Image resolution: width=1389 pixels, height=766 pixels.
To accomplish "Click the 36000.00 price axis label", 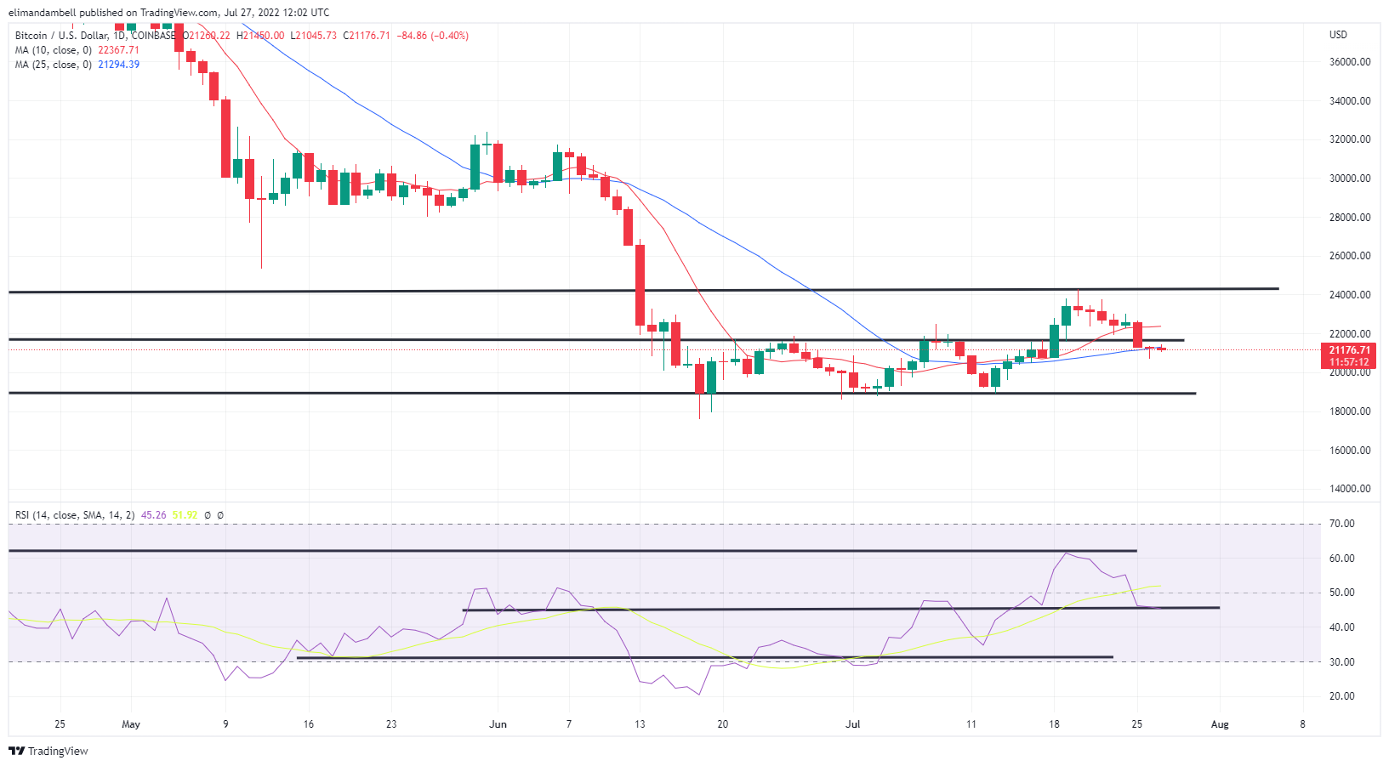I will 1350,62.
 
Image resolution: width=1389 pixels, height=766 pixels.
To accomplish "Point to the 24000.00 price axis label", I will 1350,295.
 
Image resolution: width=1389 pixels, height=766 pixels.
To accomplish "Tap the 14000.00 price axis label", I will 1350,489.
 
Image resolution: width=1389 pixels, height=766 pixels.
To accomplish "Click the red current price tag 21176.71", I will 1350,350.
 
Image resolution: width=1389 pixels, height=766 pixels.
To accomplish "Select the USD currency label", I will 1338,35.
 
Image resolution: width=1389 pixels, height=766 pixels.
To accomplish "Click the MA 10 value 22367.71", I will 118,50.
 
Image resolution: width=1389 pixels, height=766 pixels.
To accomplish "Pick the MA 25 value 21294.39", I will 118,65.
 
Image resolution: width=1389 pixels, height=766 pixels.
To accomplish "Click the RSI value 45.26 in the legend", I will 153,515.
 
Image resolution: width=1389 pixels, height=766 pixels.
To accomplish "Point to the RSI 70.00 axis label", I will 1341,524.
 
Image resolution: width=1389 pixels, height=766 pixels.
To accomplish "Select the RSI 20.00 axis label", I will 1341,696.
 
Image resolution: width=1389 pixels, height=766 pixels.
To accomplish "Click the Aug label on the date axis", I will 1220,724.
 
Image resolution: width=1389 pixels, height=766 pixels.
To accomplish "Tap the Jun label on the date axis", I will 498,724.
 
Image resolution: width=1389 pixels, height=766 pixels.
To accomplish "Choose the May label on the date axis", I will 131,724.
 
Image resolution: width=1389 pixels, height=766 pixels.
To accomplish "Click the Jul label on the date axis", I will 853,724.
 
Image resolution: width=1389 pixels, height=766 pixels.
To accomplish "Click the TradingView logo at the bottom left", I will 48,752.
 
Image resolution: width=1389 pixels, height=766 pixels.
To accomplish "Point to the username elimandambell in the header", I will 43,13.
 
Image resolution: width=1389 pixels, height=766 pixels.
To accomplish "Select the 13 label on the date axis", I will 640,724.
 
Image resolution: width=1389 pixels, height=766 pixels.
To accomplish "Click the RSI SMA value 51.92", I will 185,515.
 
